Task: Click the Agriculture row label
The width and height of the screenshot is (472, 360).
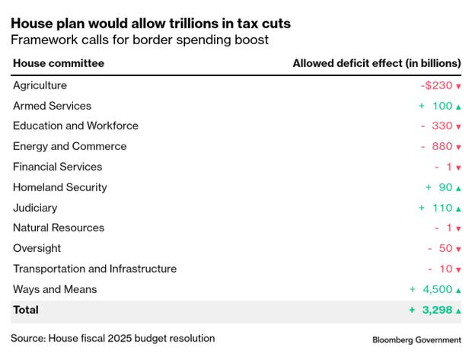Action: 40,86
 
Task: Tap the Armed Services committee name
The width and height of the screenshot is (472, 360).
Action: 52,107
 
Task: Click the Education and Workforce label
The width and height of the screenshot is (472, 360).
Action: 75,126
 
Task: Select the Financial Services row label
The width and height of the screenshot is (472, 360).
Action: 57,167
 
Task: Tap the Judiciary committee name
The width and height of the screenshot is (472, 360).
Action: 35,208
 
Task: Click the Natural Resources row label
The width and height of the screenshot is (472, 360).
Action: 59,228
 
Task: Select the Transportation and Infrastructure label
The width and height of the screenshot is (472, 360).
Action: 94,269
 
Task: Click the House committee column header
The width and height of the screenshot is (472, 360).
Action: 59,63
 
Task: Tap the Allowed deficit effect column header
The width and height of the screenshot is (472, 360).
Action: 377,63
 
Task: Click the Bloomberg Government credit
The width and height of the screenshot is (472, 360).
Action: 416,339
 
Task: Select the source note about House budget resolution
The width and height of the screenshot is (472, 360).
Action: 113,338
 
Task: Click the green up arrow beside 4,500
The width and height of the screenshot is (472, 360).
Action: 458,290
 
